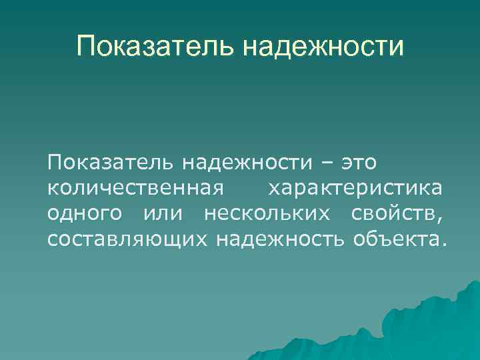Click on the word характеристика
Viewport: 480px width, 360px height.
pos(355,189)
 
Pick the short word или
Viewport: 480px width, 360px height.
pos(163,214)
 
